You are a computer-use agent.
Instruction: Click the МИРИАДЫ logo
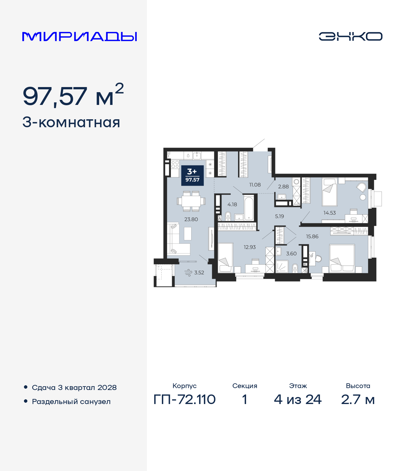pos(79,37)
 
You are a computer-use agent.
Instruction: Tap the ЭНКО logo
pos(350,36)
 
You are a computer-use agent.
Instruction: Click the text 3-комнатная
pos(71,122)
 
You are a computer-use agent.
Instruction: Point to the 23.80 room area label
pos(191,219)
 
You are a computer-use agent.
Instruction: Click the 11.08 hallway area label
pos(255,185)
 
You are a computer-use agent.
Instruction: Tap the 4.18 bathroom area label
pos(232,205)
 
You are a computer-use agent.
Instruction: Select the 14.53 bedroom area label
pos(329,213)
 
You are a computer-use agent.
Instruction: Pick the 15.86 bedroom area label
pos(312,237)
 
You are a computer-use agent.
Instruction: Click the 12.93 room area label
pos(250,247)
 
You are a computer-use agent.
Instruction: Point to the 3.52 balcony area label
pos(199,273)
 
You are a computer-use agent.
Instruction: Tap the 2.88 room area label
pos(283,187)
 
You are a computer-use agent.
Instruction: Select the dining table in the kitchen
pos(191,201)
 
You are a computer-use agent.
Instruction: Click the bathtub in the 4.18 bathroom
pos(249,208)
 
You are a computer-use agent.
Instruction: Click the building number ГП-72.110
pos(185,399)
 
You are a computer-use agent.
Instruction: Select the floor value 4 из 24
pos(298,399)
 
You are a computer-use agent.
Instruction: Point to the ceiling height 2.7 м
pos(358,399)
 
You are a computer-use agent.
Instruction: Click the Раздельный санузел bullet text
pos(71,401)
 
